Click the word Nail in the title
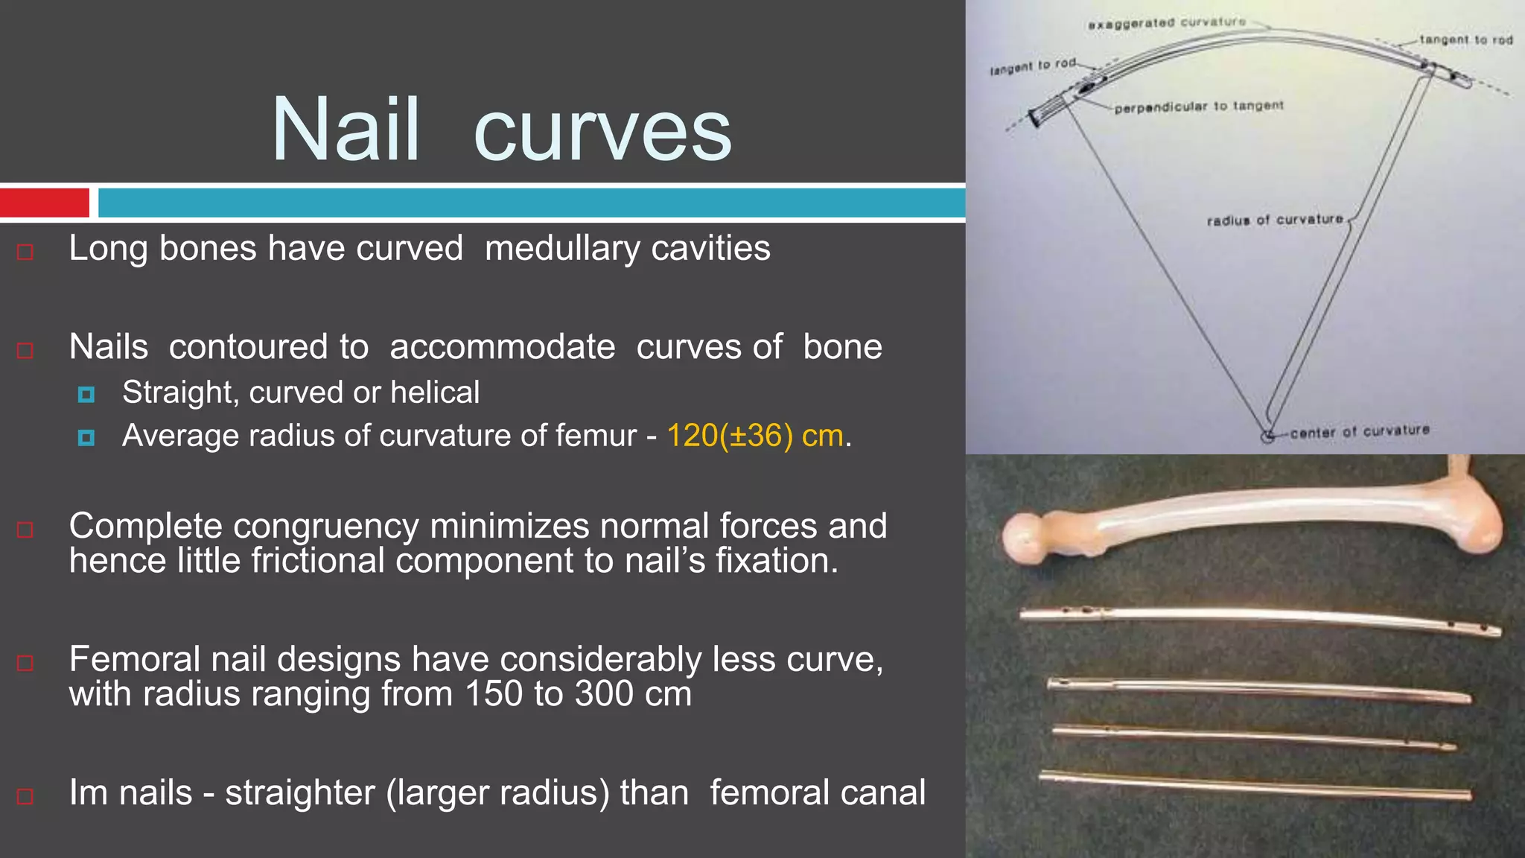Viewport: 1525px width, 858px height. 346,130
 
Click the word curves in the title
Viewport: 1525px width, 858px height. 602,133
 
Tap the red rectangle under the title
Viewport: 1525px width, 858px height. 45,203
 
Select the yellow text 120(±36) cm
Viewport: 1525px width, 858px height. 755,436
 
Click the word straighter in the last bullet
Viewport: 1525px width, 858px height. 300,792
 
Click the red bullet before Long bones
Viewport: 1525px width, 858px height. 25,252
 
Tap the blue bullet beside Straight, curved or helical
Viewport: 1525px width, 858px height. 86,394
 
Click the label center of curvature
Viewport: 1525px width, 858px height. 1360,431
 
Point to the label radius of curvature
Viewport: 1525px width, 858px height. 1275,220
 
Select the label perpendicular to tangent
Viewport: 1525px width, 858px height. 1199,107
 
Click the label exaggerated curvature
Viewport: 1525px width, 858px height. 1166,23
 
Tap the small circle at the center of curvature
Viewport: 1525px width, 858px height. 1267,436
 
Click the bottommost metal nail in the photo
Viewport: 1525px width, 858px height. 1255,786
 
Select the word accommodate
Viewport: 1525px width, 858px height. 503,347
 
